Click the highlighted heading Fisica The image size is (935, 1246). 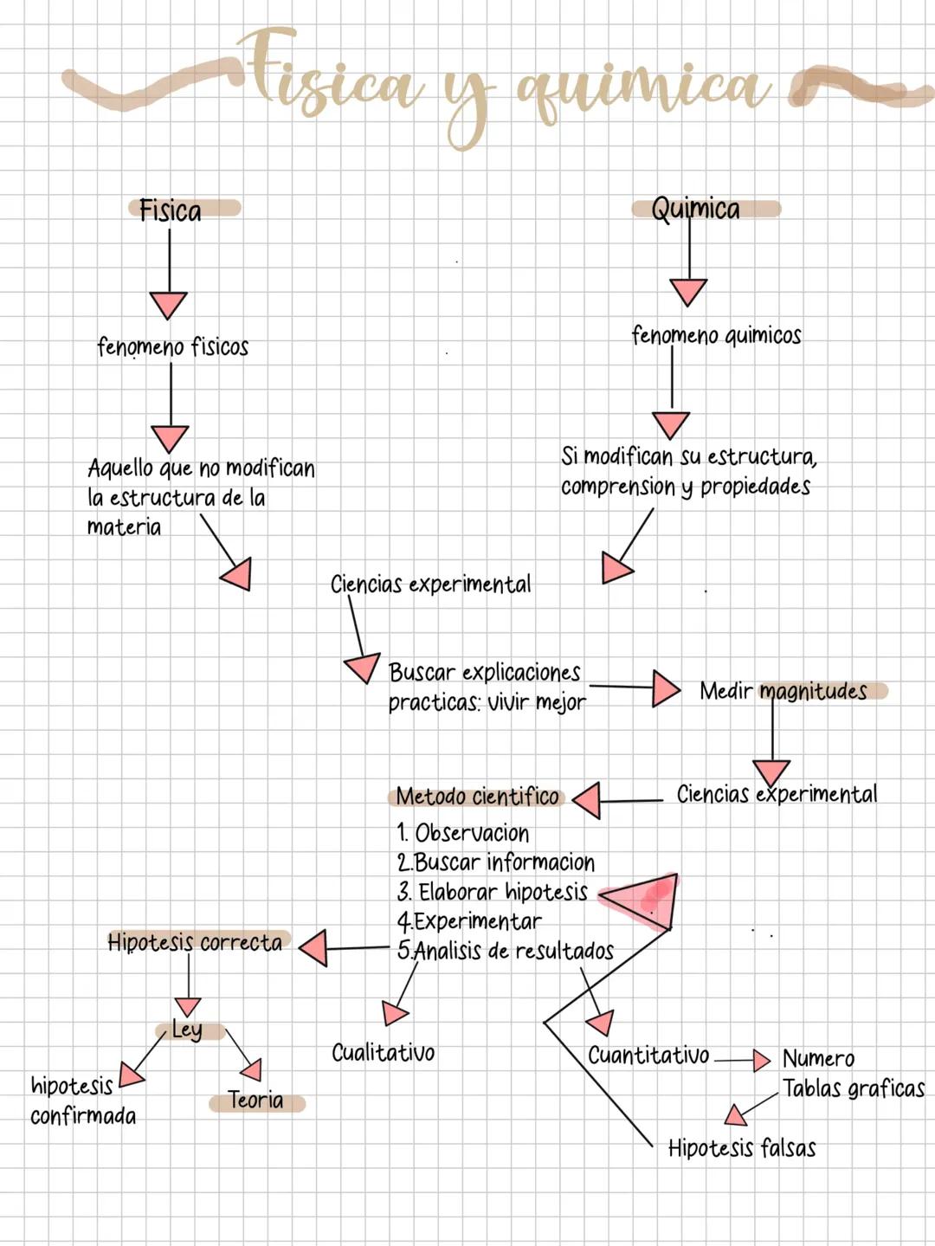click(x=171, y=210)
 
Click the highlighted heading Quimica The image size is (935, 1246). click(x=696, y=209)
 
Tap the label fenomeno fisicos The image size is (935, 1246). click(x=173, y=347)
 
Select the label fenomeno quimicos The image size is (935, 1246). click(x=716, y=335)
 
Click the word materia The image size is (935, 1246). click(x=124, y=527)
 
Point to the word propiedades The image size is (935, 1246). click(x=755, y=487)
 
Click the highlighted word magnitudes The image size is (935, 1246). click(x=813, y=691)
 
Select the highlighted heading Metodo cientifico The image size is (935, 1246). click(x=477, y=796)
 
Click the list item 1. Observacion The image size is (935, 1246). click(x=463, y=833)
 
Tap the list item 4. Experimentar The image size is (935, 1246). click(x=469, y=921)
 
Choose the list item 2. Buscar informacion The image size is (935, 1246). click(x=496, y=862)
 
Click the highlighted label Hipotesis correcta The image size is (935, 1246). click(x=195, y=942)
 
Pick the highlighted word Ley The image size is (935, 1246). click(x=187, y=1030)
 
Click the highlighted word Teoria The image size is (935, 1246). click(x=255, y=1101)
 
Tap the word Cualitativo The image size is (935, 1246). click(x=383, y=1053)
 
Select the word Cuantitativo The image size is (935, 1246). click(x=648, y=1056)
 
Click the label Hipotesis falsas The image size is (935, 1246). click(x=742, y=1148)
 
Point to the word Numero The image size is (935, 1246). click(x=818, y=1059)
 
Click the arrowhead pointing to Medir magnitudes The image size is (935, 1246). click(x=665, y=688)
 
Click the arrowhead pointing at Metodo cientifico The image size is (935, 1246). click(x=589, y=800)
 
